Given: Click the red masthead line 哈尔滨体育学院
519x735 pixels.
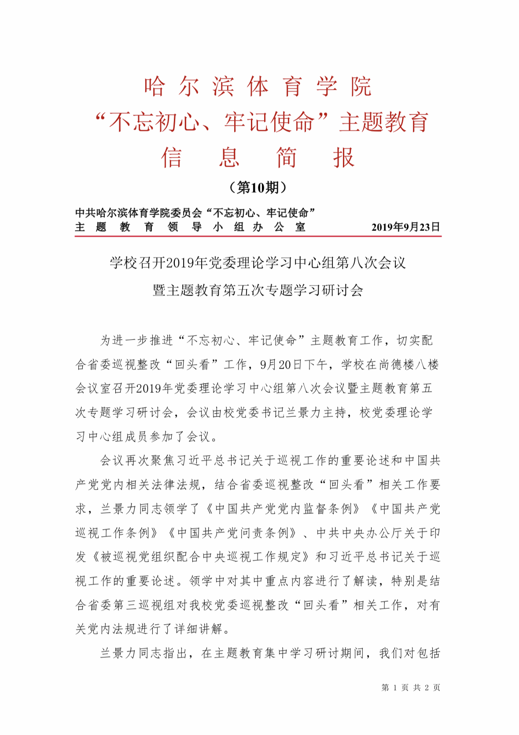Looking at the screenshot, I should (x=258, y=86).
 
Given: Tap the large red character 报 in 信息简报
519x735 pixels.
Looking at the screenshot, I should (x=344, y=157).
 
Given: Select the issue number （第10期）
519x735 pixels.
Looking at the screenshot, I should (x=258, y=188).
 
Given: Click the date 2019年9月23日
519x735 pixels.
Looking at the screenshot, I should (x=405, y=227).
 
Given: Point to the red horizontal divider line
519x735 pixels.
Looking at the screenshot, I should (x=258, y=237).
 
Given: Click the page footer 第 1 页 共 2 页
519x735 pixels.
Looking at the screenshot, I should (x=411, y=687).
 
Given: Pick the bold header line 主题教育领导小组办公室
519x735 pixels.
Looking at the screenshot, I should (x=190, y=227).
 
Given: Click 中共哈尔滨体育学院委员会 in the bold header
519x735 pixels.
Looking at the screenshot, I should (x=138, y=213).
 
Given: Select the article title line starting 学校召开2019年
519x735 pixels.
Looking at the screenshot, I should (x=258, y=263).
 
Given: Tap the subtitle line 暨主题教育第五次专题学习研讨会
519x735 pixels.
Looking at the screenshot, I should (x=258, y=290).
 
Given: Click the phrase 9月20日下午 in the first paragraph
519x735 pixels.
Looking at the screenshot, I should (x=294, y=365).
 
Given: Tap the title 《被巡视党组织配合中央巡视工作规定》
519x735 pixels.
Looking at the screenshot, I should (x=201, y=557).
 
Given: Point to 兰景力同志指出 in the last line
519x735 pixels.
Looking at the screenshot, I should (x=144, y=653).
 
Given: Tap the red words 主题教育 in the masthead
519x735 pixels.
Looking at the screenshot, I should (x=384, y=122).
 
